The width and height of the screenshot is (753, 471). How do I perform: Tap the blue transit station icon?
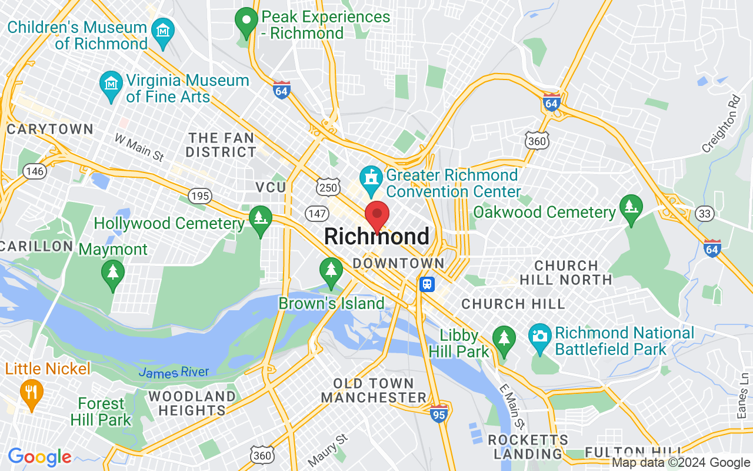point(427,284)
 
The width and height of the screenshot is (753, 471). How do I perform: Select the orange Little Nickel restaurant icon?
point(31,391)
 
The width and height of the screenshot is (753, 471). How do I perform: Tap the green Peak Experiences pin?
point(246,21)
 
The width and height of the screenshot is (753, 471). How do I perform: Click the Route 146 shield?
point(35,171)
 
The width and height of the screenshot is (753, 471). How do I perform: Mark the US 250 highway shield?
point(327,187)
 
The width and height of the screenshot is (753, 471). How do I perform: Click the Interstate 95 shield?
point(439,413)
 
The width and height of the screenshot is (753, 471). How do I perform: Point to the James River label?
point(174,372)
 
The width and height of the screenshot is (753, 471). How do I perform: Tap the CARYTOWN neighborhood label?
point(50,130)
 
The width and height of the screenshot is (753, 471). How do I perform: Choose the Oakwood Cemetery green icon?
point(631,207)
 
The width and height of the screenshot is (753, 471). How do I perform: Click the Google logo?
point(39,457)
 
